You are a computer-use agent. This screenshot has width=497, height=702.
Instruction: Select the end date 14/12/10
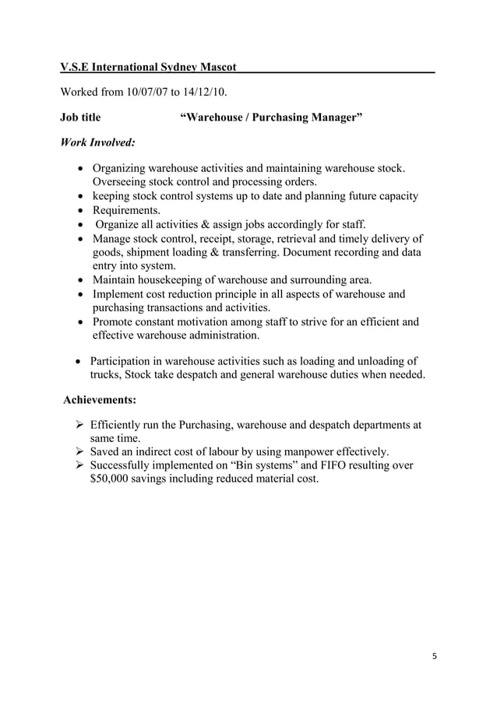tap(203, 93)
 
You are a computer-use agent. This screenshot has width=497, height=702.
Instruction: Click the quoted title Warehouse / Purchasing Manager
tap(271, 118)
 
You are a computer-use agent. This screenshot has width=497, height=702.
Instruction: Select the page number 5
tap(435, 655)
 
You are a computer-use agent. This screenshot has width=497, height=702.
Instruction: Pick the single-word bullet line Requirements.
tap(126, 210)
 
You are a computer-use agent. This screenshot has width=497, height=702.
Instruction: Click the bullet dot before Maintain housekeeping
tap(83, 280)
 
